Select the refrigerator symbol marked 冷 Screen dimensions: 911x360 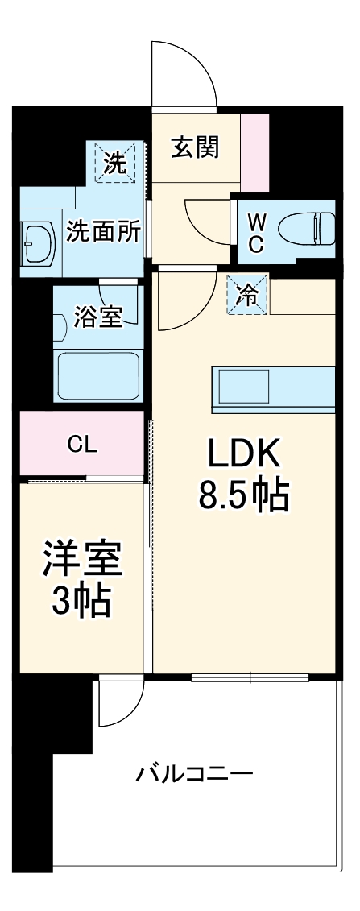250,295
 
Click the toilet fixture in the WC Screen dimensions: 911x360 306,228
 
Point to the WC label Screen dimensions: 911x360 254,234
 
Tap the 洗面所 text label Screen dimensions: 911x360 103,232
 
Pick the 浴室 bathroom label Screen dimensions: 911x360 99,317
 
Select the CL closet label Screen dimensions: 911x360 83,445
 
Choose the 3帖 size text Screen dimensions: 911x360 82,601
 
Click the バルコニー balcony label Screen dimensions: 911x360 195,775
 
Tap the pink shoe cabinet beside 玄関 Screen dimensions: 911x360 254,153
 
